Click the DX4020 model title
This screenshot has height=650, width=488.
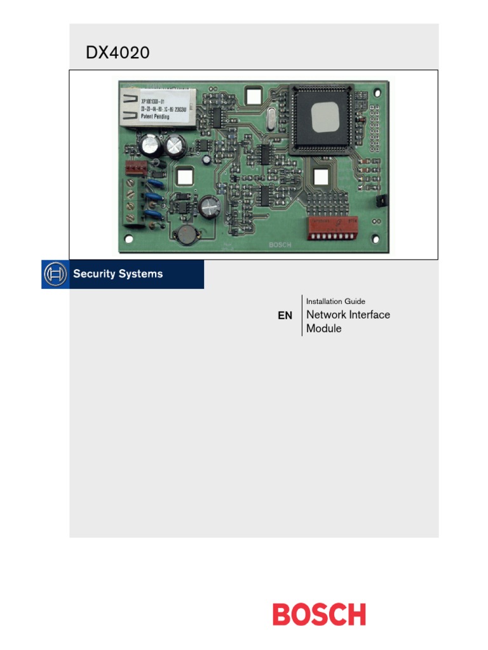click(x=118, y=53)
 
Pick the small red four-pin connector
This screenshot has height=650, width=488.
click(x=136, y=168)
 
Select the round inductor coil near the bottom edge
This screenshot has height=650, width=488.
click(x=187, y=235)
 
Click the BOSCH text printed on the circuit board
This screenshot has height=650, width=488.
click(x=280, y=245)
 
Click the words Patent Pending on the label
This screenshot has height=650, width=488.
click(x=155, y=117)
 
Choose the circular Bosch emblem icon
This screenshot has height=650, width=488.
click(x=55, y=274)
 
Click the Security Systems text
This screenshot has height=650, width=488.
click(x=118, y=274)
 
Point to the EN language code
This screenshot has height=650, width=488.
click(x=285, y=315)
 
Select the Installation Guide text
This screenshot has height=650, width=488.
click(x=335, y=302)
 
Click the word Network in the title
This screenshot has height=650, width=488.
click(x=327, y=315)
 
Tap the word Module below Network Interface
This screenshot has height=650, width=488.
click(x=324, y=329)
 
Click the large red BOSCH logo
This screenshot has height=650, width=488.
click(x=319, y=614)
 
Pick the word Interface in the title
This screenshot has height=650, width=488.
click(x=369, y=315)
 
